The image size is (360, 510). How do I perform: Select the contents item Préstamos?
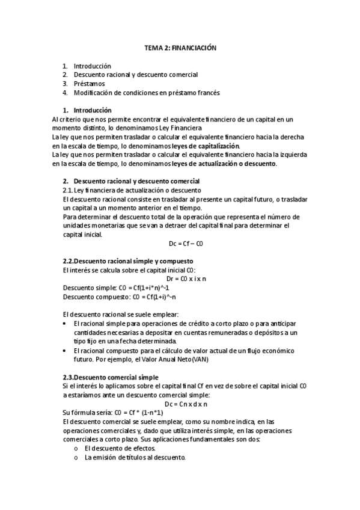89,84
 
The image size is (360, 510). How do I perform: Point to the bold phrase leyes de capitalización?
205,146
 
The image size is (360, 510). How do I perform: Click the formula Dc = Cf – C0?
179,244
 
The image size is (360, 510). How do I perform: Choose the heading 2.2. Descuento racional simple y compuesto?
127,262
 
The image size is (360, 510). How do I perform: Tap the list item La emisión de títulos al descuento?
135,457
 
